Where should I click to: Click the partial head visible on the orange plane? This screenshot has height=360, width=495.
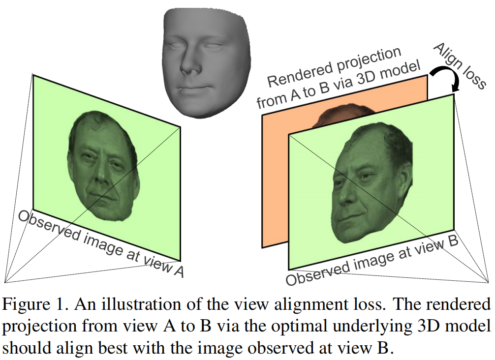tap(330, 117)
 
